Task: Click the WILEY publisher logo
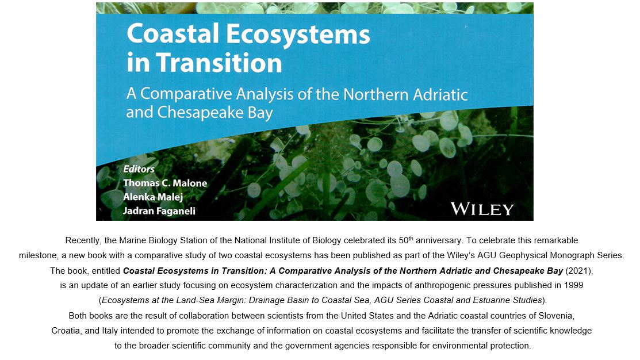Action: [x=482, y=209]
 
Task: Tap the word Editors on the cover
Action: [x=139, y=169]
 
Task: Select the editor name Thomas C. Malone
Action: [x=165, y=183]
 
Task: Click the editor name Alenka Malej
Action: [x=153, y=197]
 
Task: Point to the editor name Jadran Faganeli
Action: [x=159, y=211]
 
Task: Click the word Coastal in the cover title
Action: [x=173, y=33]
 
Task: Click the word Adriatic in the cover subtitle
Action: [x=440, y=94]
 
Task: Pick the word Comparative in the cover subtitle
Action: [x=186, y=94]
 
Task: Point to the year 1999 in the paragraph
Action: [x=574, y=285]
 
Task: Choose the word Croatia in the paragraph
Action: [x=66, y=331]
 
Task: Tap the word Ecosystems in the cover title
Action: [x=298, y=33]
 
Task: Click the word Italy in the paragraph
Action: [x=109, y=331]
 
